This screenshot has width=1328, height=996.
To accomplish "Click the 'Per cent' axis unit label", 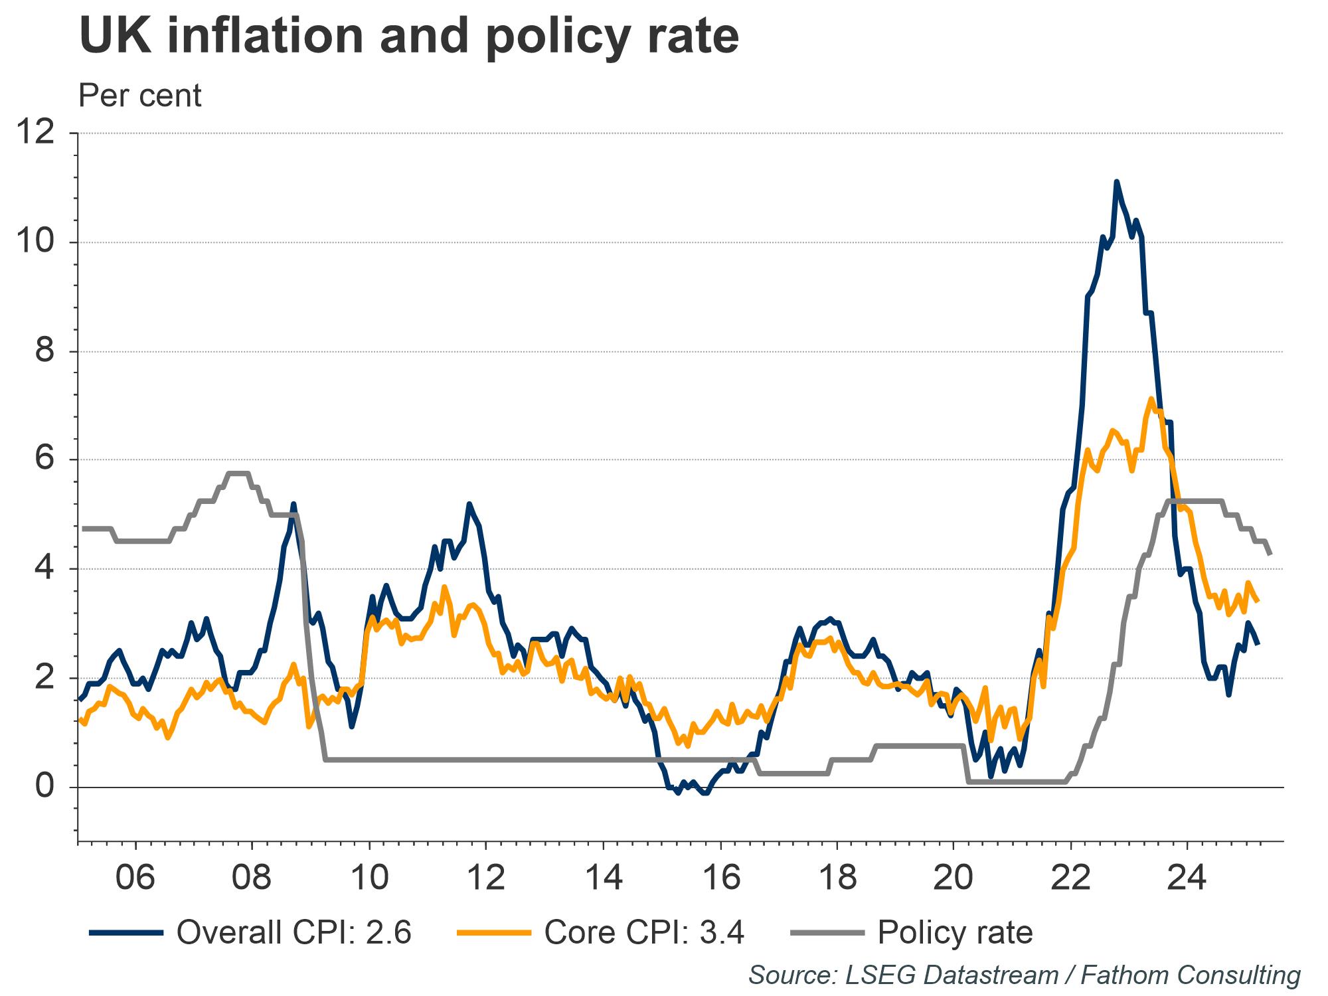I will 140,96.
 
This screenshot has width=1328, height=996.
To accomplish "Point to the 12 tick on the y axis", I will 36,133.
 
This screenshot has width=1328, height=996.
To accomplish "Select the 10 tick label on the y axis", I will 36,242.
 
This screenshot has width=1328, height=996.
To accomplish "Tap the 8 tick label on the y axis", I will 45,351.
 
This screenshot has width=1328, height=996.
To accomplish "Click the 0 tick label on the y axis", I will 45,787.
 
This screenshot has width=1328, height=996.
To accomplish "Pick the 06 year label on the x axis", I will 135,878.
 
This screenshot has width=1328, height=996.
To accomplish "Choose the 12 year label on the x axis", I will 486,878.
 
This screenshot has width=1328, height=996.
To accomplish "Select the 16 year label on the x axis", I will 720,878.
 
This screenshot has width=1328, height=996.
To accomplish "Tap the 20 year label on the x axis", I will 954,878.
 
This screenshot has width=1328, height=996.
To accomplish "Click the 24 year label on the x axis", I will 1187,878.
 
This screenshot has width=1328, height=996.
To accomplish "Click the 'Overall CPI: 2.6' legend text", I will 294,933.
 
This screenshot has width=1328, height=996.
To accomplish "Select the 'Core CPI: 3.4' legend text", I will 644,933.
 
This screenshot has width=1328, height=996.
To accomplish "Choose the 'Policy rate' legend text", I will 955,933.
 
